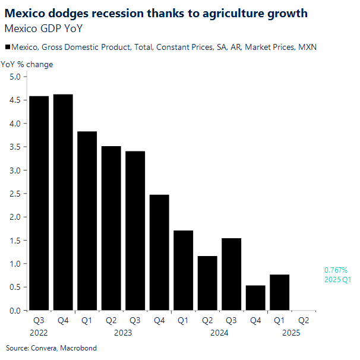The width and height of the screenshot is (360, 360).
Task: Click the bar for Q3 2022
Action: click(x=39, y=203)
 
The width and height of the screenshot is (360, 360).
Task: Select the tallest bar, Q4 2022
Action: click(x=63, y=202)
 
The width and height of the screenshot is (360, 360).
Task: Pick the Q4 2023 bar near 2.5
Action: click(x=159, y=252)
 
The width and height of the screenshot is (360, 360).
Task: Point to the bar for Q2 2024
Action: click(x=207, y=283)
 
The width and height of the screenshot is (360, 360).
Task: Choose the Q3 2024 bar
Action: click(x=231, y=274)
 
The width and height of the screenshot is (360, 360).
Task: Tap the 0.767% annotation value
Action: click(x=336, y=270)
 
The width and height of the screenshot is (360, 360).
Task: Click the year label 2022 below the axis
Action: click(x=39, y=333)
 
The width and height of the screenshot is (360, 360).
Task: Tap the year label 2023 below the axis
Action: click(x=123, y=333)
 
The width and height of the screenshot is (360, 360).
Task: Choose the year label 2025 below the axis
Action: click(x=291, y=333)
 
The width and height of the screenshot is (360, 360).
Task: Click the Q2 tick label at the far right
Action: click(x=303, y=321)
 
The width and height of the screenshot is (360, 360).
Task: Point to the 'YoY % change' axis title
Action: click(x=27, y=64)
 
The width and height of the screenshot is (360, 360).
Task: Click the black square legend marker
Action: click(x=7, y=48)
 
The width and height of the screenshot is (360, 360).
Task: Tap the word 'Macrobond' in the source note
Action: click(x=79, y=348)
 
